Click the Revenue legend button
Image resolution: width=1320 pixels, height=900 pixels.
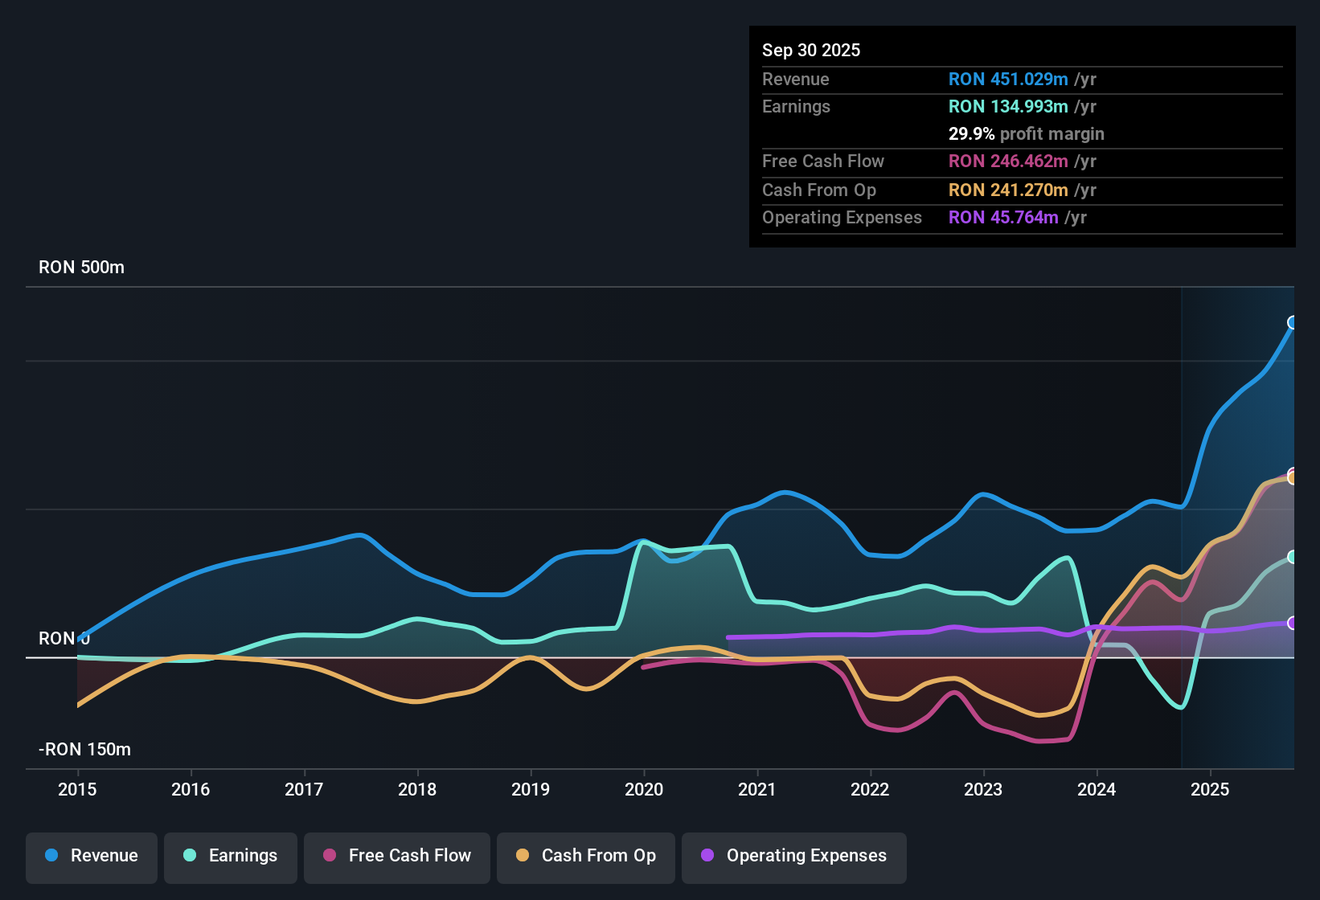[92, 856]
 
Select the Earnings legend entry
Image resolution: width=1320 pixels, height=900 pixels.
[231, 856]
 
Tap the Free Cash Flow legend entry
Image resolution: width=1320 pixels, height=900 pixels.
[397, 856]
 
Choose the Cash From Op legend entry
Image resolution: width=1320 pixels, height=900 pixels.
[586, 856]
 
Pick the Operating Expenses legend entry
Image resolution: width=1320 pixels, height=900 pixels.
[794, 856]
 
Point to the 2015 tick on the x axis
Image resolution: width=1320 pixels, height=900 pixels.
[77, 789]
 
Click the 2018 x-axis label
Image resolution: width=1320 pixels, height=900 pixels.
[417, 789]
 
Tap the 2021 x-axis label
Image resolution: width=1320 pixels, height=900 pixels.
[756, 789]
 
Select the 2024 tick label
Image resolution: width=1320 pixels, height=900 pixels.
[1097, 789]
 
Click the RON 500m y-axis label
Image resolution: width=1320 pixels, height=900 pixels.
[81, 268]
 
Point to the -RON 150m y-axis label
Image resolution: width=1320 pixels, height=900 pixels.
[84, 750]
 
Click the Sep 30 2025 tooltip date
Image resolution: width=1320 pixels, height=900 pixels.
[811, 50]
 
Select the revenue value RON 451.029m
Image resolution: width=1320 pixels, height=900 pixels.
[1008, 80]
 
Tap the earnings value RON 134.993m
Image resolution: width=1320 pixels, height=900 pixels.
[1008, 107]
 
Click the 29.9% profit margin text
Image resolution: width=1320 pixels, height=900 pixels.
[1026, 134]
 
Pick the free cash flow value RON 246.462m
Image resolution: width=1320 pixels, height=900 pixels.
[1008, 162]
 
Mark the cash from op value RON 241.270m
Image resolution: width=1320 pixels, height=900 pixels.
[1008, 190]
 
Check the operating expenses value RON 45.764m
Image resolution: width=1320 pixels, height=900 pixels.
[1003, 218]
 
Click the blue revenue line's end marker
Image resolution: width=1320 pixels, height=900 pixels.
[1293, 323]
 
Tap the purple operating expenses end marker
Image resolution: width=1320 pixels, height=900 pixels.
[1293, 623]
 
